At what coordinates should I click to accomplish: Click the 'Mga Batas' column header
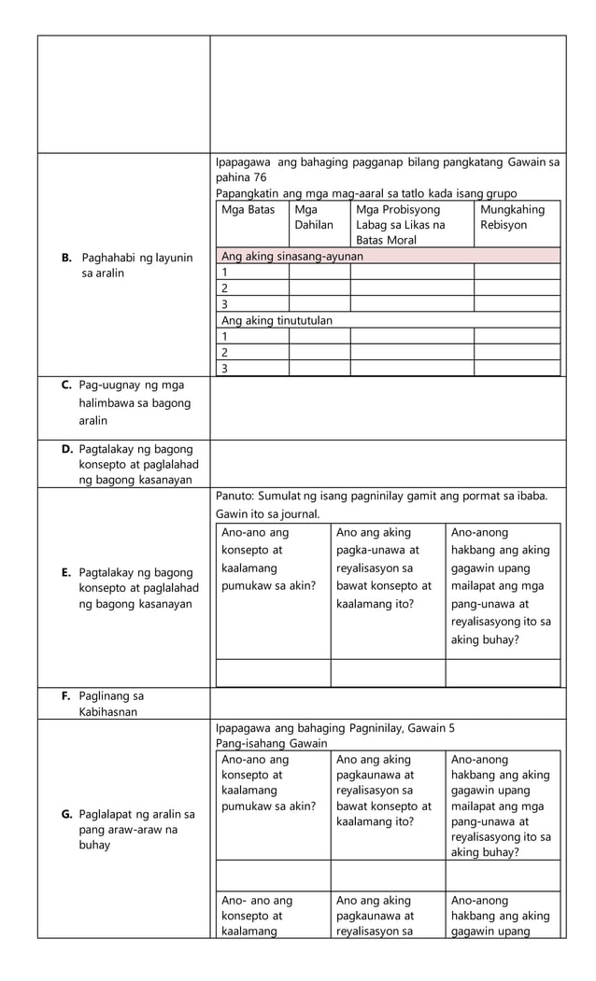pyautogui.click(x=248, y=210)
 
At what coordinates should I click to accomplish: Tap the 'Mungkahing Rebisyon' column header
pyautogui.click(x=512, y=217)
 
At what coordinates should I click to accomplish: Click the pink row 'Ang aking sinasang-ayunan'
pyautogui.click(x=291, y=256)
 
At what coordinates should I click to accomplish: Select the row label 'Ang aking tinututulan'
pyautogui.click(x=277, y=320)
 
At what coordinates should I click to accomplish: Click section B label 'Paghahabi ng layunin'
pyautogui.click(x=136, y=265)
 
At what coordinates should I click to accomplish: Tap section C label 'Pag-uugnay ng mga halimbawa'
pyautogui.click(x=133, y=403)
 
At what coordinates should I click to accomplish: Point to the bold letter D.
pyautogui.click(x=66, y=450)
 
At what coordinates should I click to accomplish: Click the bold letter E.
pyautogui.click(x=66, y=572)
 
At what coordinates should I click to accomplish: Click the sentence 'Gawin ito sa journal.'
pyautogui.click(x=267, y=514)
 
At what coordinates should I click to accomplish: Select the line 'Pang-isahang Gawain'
pyautogui.click(x=271, y=743)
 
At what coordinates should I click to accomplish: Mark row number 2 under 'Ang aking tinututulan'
pyautogui.click(x=223, y=352)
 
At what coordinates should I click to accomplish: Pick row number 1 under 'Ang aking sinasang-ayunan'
pyautogui.click(x=223, y=272)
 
